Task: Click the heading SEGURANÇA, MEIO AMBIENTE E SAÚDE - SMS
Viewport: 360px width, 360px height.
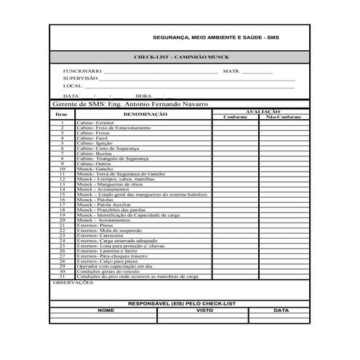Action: click(216, 37)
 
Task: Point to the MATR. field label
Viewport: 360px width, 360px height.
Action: click(231, 71)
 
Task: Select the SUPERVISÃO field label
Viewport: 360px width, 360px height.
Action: click(81, 78)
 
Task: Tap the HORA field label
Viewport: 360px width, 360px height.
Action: click(143, 95)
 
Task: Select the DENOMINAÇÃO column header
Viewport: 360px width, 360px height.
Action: click(145, 114)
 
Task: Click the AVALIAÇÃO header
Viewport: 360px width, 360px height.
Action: click(263, 111)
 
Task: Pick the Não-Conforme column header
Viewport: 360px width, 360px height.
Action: click(283, 116)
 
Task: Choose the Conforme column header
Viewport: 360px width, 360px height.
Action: click(235, 116)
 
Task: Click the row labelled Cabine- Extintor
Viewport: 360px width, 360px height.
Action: click(95, 123)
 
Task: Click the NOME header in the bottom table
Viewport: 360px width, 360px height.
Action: click(106, 310)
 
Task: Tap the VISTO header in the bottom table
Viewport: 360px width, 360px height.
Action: click(205, 310)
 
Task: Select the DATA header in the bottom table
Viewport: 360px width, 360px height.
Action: click(281, 310)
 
